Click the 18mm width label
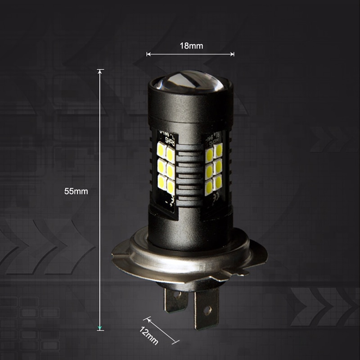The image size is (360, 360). [x=191, y=45]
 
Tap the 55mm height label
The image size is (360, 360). [x=76, y=191]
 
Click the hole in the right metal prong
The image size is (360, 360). [x=207, y=310]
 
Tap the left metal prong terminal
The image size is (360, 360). [x=175, y=299]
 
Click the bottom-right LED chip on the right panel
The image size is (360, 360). [x=219, y=183]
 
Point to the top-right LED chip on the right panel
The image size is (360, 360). [x=219, y=150]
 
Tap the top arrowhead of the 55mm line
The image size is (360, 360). [x=100, y=71]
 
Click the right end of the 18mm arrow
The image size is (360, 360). [x=233, y=54]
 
